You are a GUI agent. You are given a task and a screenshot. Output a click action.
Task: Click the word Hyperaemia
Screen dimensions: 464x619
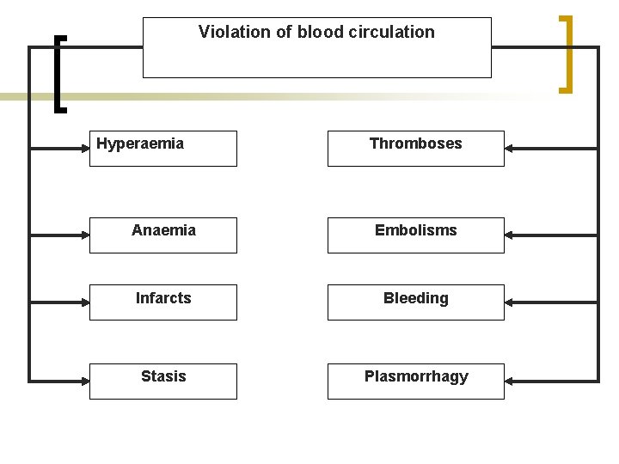[x=140, y=143]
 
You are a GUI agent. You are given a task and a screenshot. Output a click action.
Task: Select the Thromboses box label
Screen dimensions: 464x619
[x=415, y=143]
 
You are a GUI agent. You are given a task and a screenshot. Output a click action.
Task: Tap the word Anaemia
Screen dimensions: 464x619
[x=163, y=230]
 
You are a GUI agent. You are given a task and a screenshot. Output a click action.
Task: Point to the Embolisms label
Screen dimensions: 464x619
[x=415, y=230]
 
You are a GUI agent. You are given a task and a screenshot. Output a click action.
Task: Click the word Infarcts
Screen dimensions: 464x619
[x=163, y=298]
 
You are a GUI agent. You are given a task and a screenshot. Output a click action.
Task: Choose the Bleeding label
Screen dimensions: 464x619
[x=415, y=298]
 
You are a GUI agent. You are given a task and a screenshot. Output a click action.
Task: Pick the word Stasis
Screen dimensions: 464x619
[x=163, y=376]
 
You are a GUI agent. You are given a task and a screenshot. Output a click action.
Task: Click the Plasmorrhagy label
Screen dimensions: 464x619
[x=416, y=376]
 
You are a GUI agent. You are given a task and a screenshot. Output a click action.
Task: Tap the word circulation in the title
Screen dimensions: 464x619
[x=393, y=32]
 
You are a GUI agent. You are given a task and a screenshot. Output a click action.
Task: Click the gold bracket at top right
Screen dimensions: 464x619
[x=567, y=53]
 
